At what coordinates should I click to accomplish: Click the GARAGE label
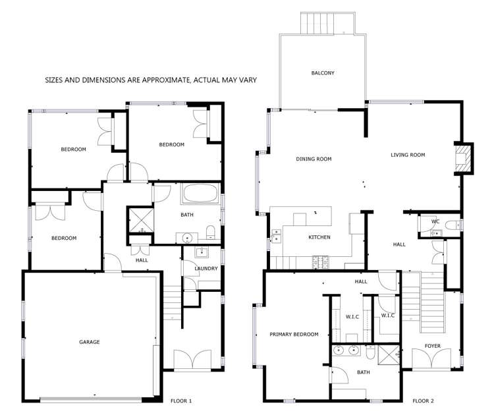click(x=90, y=342)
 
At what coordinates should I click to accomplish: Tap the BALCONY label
click(x=323, y=73)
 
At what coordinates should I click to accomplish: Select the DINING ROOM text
click(x=314, y=159)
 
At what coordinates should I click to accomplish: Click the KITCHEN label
click(x=319, y=237)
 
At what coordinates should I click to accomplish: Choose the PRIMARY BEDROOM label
click(x=294, y=335)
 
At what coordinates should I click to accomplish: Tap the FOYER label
click(x=432, y=346)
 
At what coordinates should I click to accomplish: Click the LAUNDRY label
click(x=206, y=269)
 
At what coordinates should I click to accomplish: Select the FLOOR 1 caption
click(x=181, y=401)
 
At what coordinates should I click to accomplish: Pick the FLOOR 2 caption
click(x=423, y=401)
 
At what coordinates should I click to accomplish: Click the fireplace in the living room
click(x=464, y=158)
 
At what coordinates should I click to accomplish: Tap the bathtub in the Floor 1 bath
click(x=202, y=194)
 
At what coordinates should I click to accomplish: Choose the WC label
click(x=435, y=222)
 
